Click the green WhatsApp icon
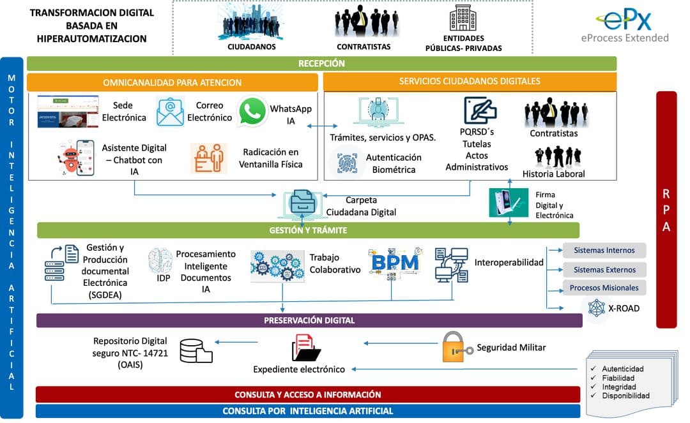tap(252, 111)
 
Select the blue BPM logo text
tap(395, 262)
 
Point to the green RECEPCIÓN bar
tap(321, 64)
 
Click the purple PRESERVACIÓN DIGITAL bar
tap(309, 320)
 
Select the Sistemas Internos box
tap(604, 250)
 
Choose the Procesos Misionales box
tap(604, 288)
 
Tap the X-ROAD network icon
tap(596, 308)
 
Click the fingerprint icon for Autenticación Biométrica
tap(346, 162)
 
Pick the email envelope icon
tap(170, 112)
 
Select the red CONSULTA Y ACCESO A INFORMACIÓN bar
tap(307, 394)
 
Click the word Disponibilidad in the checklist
tap(625, 396)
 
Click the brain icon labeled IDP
tap(160, 261)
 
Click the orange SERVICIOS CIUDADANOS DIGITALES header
tap(470, 82)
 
